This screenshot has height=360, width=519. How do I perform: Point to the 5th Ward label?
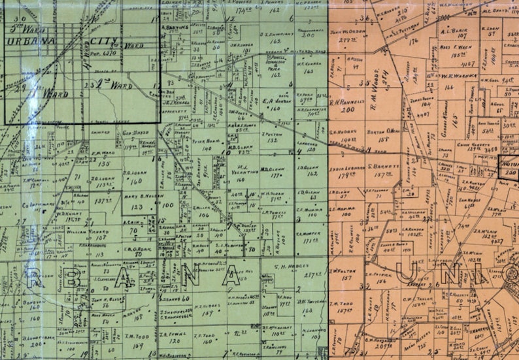(x=25, y=29)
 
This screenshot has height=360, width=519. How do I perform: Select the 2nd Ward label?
(x=106, y=84)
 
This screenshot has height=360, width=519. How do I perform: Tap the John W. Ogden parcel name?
(x=348, y=31)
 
